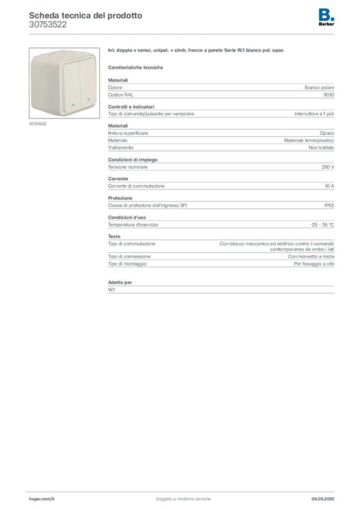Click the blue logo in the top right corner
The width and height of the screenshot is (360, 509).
pos(327,14)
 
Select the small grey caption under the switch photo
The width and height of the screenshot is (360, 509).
pos(38,124)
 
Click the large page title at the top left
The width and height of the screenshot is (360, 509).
pos(85,15)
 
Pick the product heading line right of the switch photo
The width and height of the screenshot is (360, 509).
pos(197,51)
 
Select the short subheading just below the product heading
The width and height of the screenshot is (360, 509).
pos(137,67)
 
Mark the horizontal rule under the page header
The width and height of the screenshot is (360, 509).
pos(183,33)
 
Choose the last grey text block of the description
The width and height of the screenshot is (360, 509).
pos(221,287)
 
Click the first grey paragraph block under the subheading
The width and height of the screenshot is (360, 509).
pos(221,88)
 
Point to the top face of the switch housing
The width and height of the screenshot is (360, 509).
pos(65,54)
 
